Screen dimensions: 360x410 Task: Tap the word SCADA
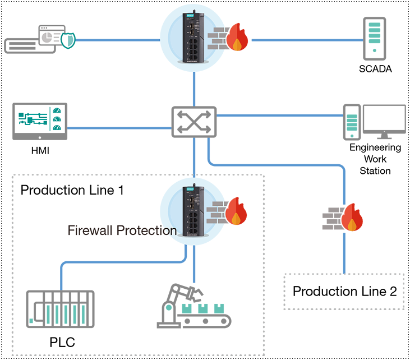click(375, 70)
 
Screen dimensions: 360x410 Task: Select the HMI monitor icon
click(39, 121)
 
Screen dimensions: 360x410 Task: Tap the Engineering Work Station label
click(375, 159)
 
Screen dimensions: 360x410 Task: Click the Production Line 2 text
click(344, 292)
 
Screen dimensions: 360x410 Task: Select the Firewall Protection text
click(122, 230)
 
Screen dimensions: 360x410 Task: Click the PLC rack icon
click(60, 310)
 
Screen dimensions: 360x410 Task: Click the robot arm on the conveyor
click(176, 299)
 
